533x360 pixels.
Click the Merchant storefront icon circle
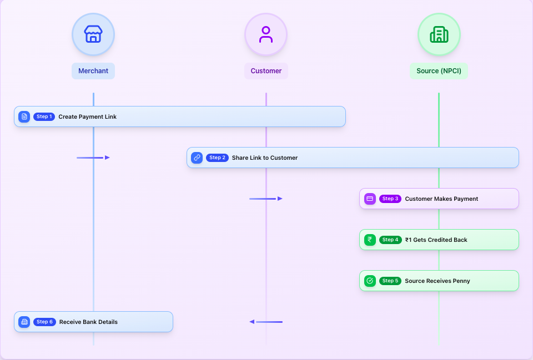point(93,34)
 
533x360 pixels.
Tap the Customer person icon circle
point(266,34)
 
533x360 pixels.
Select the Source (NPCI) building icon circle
point(439,34)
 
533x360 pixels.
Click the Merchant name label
point(93,71)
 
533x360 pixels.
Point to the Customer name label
point(266,71)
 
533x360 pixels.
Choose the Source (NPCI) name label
point(439,71)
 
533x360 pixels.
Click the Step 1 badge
point(44,116)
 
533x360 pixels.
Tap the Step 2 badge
point(217,158)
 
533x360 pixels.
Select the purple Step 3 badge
point(390,199)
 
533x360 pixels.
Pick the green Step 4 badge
point(390,240)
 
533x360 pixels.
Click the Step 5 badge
point(390,281)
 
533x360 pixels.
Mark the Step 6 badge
point(44,322)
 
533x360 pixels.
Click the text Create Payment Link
point(87,116)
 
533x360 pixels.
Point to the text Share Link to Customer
point(265,158)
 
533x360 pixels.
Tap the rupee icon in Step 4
point(370,240)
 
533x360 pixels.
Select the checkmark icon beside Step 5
point(370,281)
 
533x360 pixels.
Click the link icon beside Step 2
point(197,158)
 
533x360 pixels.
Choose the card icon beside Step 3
point(370,199)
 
